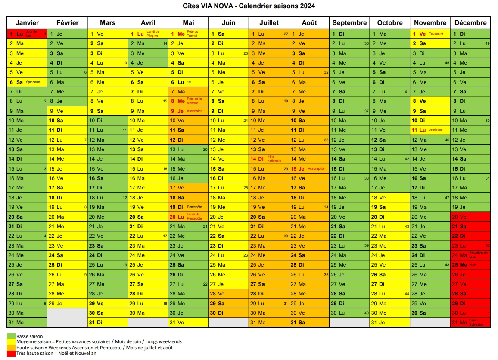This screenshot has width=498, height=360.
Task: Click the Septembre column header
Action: click(349, 23)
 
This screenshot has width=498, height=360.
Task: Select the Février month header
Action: click(67, 23)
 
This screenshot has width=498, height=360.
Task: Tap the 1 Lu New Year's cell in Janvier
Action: click(27, 34)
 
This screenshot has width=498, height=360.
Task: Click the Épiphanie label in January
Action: click(33, 82)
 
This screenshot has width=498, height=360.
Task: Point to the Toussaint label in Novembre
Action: click(436, 34)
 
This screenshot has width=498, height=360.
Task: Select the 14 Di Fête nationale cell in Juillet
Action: click(269, 159)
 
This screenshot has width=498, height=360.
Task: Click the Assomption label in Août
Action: click(317, 168)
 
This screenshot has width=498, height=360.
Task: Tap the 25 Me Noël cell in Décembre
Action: click(470, 265)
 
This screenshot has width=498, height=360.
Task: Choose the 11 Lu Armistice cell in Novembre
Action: click(430, 130)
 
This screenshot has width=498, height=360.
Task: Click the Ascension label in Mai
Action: click(194, 111)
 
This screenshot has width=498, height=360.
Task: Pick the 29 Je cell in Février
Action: click(67, 304)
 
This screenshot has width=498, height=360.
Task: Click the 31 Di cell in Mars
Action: click(108, 323)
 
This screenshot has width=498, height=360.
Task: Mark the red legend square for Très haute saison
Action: click(11, 354)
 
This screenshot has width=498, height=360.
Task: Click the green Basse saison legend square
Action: click(11, 336)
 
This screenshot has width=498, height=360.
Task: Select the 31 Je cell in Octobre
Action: click(390, 323)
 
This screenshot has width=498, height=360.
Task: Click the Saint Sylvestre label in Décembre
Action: click(476, 322)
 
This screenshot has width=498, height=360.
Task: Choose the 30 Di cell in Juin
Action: click(229, 313)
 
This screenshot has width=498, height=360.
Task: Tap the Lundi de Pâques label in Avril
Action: click(153, 34)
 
